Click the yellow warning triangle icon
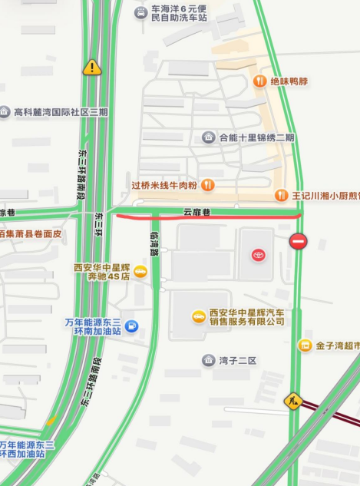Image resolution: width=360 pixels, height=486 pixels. pos(92,68)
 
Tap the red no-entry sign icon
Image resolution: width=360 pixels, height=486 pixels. pos(298,242)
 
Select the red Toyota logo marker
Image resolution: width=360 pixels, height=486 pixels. pos(258,255)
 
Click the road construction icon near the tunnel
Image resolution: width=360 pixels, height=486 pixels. pos(292,400)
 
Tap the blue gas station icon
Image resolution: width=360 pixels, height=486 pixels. pos(131,326)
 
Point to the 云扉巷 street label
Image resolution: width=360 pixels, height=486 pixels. pos(197,212)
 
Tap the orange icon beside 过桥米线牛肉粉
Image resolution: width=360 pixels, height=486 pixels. pos(207,185)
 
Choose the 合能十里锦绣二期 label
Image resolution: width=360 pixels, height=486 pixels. pos(256,137)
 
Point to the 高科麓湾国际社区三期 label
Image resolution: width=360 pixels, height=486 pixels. pos(61,112)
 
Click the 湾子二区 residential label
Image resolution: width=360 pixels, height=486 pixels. pos(236,360)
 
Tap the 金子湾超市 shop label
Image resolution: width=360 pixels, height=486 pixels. pos(336,345)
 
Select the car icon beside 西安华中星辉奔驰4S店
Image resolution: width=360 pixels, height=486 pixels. pos(140,270)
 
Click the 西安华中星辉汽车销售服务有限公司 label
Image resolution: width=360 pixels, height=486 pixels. pos(246,316)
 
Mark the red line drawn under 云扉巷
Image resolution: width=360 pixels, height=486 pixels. pos(207,217)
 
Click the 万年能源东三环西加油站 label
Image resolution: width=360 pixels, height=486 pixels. pos(27,449)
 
